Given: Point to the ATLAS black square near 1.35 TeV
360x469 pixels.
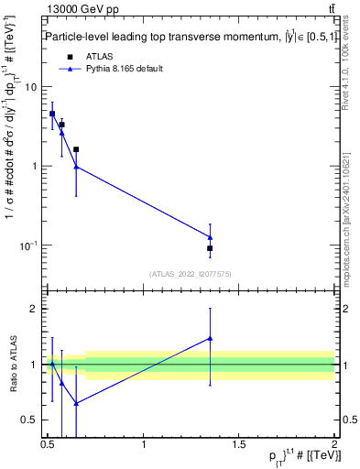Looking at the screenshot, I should pyautogui.click(x=210, y=248).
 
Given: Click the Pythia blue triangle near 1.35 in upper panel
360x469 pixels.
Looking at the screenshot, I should pyautogui.click(x=210, y=237).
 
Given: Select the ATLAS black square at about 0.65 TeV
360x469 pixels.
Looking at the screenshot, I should pyautogui.click(x=76, y=149).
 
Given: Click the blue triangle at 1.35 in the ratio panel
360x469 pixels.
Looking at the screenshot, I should pyautogui.click(x=210, y=338).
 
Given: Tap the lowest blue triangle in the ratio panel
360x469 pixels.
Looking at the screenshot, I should pyautogui.click(x=76, y=403).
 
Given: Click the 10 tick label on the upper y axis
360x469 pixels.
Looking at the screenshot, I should pyautogui.click(x=31, y=87).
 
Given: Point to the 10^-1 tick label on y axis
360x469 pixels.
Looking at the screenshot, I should pyautogui.click(x=28, y=245).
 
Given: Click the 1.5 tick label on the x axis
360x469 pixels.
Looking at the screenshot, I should pyautogui.click(x=239, y=445).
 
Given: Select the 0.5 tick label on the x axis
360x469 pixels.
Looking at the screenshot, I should pyautogui.click(x=49, y=445).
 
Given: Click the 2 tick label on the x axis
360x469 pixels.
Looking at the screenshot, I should pyautogui.click(x=334, y=445).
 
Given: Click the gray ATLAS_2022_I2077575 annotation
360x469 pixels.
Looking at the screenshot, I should pyautogui.click(x=191, y=274).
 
